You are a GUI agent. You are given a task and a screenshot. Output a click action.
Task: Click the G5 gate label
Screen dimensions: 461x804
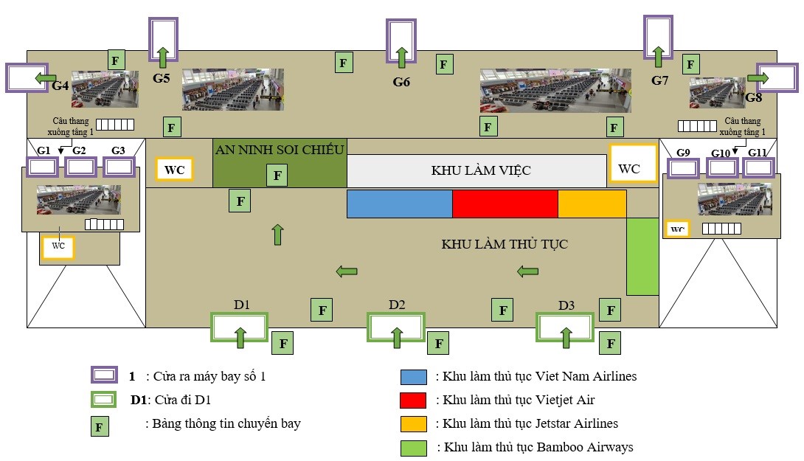click(162, 77)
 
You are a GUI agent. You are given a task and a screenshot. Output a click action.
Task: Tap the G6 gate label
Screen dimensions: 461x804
click(401, 82)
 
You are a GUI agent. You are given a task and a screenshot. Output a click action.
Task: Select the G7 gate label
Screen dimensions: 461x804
click(659, 80)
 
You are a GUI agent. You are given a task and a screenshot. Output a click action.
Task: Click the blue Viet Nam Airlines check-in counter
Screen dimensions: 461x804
click(399, 204)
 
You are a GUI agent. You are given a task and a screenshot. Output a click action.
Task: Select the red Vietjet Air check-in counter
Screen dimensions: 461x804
click(505, 204)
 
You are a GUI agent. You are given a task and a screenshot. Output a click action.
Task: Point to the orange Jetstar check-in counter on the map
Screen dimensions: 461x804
click(592, 204)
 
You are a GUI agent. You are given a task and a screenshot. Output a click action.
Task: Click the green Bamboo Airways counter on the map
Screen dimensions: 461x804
click(642, 256)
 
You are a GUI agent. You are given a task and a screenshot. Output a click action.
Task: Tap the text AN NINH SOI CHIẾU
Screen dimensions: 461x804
click(280, 150)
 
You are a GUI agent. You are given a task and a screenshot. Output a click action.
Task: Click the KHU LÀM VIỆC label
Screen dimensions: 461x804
click(481, 170)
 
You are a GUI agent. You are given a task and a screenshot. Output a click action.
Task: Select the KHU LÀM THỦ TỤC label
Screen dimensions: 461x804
click(505, 244)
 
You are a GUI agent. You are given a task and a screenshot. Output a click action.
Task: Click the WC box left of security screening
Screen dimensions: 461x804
click(175, 170)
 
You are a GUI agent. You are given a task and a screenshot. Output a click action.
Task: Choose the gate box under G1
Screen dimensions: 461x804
click(43, 167)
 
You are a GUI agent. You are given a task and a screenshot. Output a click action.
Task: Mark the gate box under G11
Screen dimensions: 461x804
click(760, 167)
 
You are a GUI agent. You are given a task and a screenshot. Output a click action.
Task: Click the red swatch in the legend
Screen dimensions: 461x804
click(413, 401)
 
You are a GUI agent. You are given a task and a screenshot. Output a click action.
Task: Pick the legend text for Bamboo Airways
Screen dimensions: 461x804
click(535, 447)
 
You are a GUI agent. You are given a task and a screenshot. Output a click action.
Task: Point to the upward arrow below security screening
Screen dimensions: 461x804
click(277, 235)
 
